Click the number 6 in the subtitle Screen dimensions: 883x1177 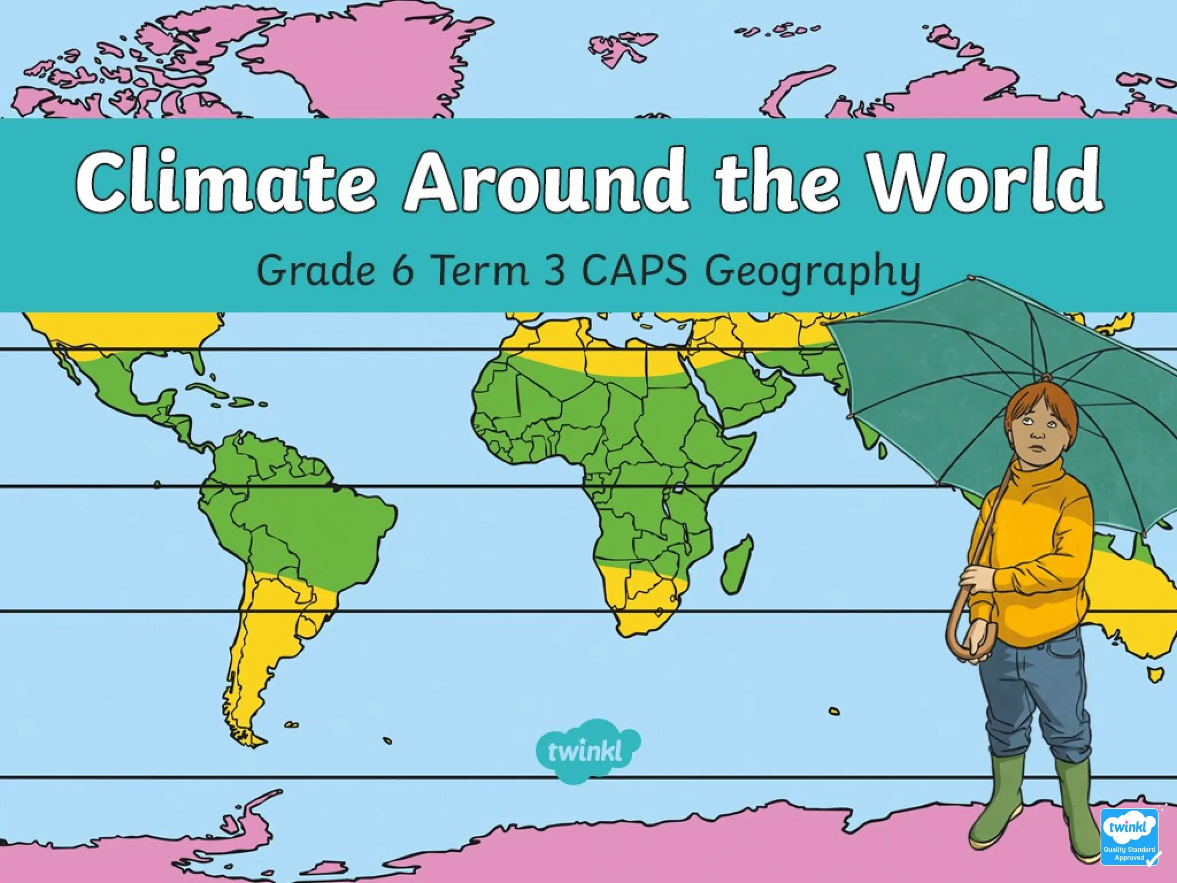403,270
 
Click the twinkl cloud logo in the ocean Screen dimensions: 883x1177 586,750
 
